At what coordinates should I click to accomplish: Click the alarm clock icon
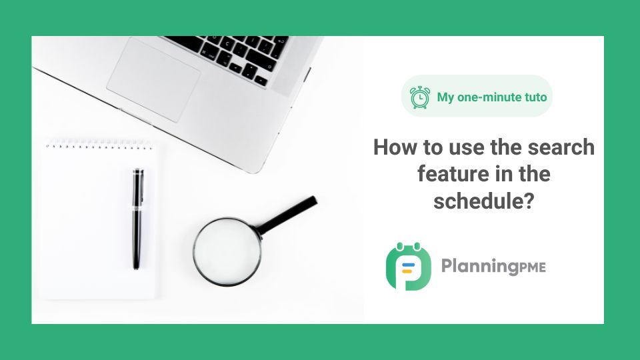(419, 97)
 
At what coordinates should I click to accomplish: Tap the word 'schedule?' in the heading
(484, 201)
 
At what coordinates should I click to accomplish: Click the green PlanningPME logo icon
(408, 266)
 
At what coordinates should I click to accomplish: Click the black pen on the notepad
(138, 219)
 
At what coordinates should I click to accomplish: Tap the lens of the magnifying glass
(227, 251)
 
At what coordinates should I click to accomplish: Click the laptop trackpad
(153, 81)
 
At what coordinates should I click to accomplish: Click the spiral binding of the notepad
(99, 145)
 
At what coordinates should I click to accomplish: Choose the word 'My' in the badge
(445, 98)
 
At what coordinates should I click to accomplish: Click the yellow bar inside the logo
(407, 271)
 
